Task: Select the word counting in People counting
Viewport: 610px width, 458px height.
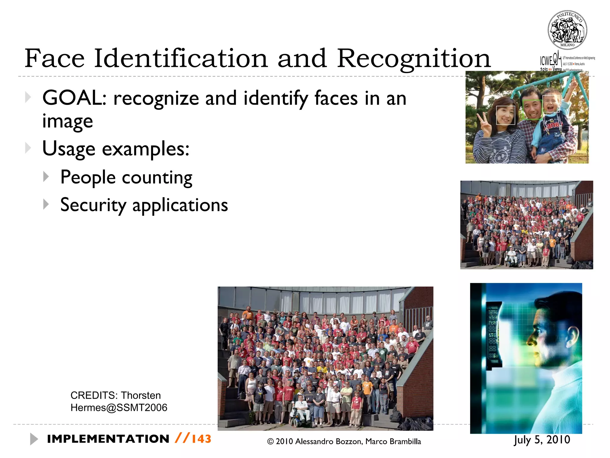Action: (157, 178)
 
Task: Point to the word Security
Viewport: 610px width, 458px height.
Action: (93, 205)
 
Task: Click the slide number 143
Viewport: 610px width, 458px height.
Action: (201, 439)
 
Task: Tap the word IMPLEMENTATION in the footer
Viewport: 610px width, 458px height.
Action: (108, 439)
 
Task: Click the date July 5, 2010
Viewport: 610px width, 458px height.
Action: (542, 440)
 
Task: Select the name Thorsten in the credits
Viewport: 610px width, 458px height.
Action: (141, 395)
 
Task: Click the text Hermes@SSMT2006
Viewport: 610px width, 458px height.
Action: (119, 408)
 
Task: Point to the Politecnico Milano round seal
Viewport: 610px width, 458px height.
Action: (567, 30)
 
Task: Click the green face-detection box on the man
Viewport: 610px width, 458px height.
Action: (532, 109)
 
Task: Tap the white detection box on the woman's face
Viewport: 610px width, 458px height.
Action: (505, 115)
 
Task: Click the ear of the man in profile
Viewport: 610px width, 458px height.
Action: (571, 338)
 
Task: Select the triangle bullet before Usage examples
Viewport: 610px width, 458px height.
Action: (28, 148)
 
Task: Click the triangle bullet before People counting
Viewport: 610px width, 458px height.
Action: (46, 177)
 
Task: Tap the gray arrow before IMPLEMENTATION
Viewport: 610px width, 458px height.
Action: (34, 439)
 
